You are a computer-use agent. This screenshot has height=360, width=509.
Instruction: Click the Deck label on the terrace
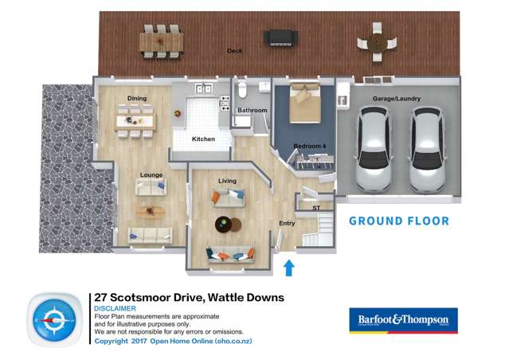click(234, 50)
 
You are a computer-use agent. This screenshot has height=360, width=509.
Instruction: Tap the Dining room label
click(137, 99)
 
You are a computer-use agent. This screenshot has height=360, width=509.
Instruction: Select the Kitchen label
click(203, 139)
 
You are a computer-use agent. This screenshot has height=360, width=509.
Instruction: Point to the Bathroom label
click(252, 110)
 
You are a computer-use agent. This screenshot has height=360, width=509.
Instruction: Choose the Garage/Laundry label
click(396, 99)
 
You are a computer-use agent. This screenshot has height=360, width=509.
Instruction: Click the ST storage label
click(316, 208)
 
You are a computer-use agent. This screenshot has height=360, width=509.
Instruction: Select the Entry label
click(287, 224)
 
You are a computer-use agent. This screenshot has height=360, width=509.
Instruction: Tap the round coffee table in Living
click(228, 223)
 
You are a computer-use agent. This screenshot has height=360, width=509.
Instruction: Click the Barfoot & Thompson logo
click(403, 319)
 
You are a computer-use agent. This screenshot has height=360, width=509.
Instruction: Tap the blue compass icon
click(55, 320)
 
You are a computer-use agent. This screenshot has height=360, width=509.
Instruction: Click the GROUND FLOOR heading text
click(399, 221)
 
